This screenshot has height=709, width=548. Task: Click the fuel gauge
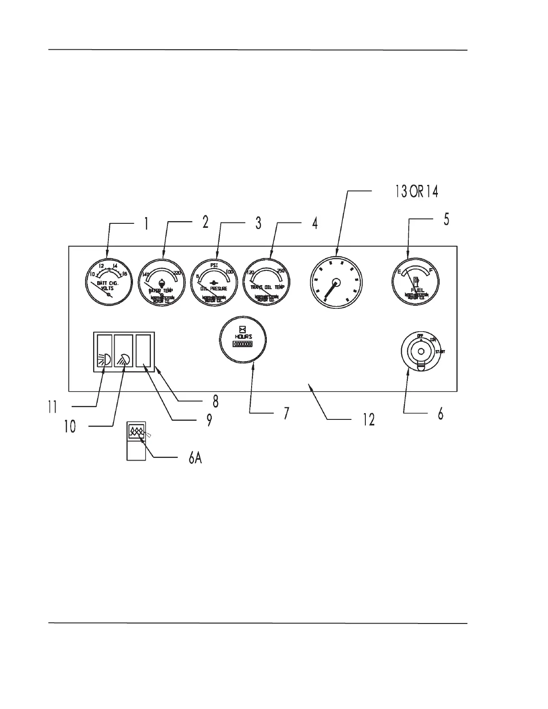415,281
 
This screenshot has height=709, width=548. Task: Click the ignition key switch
420,351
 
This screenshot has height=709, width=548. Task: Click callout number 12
368,420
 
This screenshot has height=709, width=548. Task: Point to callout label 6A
195,458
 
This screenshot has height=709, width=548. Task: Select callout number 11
52,407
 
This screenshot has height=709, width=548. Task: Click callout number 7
286,413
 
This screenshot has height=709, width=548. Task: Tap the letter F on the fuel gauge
431,270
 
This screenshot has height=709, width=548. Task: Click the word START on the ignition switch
440,352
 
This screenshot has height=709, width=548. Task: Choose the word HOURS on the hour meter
243,337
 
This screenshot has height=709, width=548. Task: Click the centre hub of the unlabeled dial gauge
337,282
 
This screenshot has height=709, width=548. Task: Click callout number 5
446,220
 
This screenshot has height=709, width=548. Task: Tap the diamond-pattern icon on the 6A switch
136,432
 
